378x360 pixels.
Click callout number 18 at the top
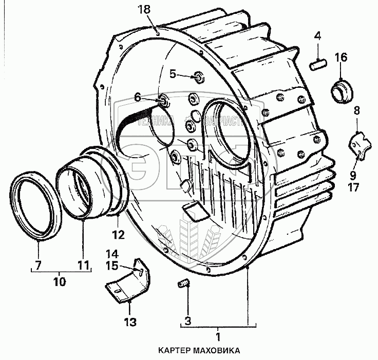coord(146,9)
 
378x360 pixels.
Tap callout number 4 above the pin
coord(318,36)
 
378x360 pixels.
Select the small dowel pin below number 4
coord(317,64)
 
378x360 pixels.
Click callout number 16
coord(342,57)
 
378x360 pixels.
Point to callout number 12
coord(119,235)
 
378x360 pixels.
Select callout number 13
coord(130,323)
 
